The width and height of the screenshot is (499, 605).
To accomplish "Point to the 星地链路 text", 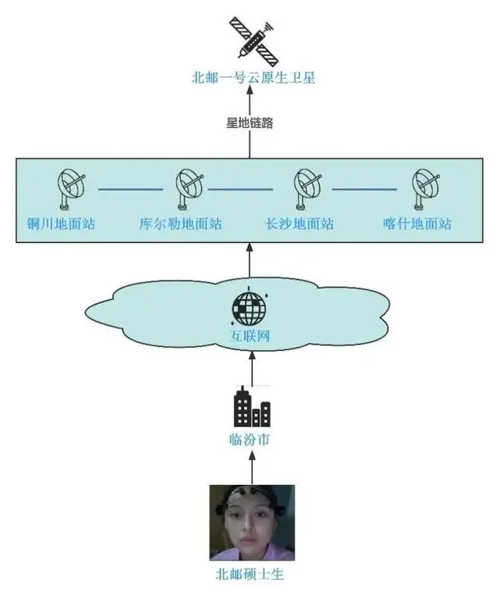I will click(x=250, y=122).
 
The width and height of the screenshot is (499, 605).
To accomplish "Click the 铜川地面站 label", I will click(x=60, y=224).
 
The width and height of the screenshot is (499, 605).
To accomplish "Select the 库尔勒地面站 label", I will click(x=180, y=224).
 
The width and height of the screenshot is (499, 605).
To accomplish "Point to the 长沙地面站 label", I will click(x=299, y=224).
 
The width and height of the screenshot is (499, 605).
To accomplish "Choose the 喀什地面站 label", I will click(x=417, y=224).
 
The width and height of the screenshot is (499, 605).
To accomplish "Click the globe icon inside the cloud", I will click(x=249, y=307).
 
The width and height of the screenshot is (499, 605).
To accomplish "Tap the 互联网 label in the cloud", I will click(x=250, y=337).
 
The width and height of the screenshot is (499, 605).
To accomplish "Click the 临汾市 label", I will click(x=251, y=440).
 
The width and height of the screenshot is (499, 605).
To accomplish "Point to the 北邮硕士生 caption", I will click(x=251, y=575).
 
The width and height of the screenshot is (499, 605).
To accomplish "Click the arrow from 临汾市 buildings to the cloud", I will click(x=251, y=366).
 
